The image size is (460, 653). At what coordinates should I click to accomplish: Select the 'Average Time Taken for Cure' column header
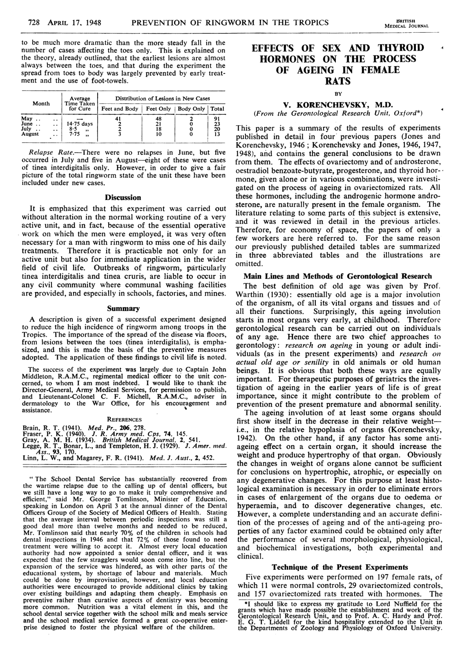coord(80,104)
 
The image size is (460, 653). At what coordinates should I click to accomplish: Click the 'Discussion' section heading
coord(123,197)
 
